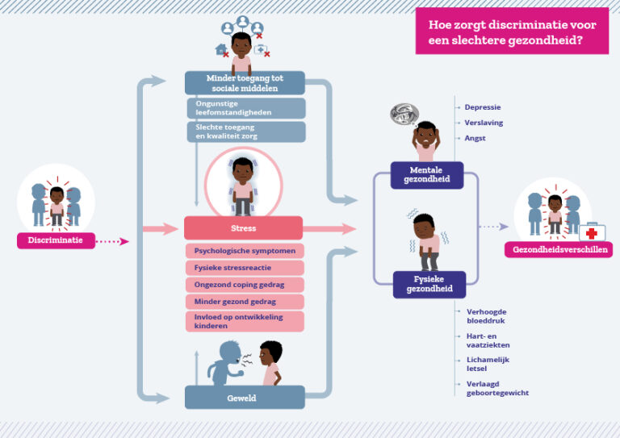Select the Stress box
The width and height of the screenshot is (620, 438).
244,228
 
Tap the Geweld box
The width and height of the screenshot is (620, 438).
244,397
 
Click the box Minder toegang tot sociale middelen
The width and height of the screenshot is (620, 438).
245,83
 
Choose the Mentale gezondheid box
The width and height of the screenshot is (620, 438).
427,175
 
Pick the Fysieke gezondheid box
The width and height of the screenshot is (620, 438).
429,284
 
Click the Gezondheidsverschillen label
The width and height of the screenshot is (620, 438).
558,250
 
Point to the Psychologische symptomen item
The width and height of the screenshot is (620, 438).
245,251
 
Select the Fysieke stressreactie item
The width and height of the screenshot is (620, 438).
245,268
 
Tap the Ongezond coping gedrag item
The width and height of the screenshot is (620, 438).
245,285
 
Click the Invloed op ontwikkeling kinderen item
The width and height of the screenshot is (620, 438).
245,322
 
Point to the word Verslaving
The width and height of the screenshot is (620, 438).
482,123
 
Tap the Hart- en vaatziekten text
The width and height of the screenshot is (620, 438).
488,340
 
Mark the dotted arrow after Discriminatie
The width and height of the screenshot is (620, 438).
111,240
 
